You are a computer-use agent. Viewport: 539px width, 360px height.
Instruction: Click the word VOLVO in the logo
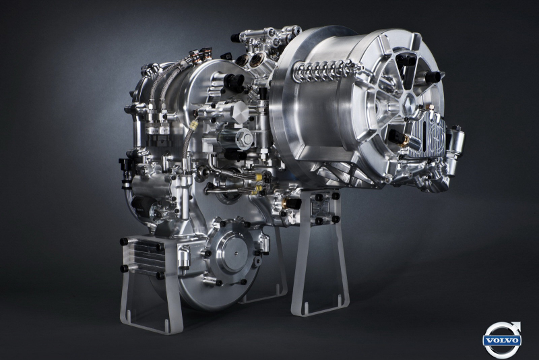(x=502, y=340)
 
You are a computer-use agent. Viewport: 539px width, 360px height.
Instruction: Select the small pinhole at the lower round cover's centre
(x=236, y=253)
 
